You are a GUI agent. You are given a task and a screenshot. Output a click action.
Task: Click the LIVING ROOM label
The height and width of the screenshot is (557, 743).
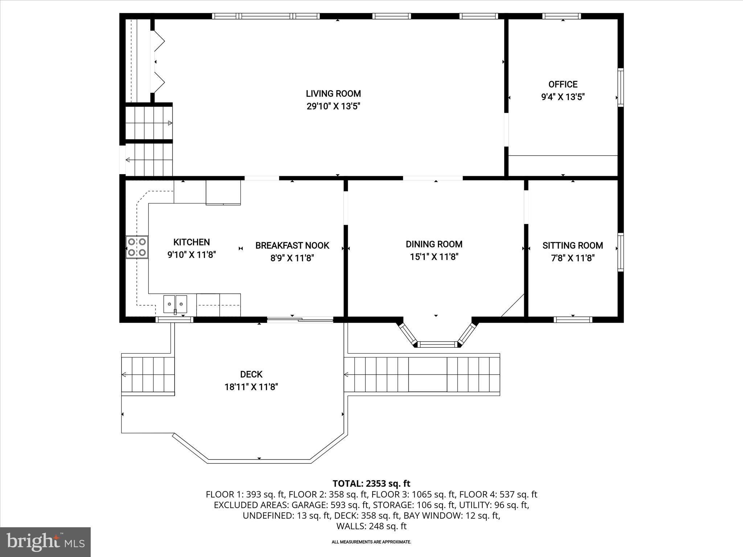[333, 94]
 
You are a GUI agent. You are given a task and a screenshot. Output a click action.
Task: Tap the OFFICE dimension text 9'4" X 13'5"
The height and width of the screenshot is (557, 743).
[563, 97]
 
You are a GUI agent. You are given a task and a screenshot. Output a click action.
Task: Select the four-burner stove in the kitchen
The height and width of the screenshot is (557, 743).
[137, 247]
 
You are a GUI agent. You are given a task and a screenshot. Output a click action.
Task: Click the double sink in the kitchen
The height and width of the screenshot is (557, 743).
[175, 304]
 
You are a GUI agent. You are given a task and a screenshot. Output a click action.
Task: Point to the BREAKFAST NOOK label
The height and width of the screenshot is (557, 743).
[292, 246]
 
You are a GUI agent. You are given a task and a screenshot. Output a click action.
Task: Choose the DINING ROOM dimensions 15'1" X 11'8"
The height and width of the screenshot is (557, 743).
[434, 257]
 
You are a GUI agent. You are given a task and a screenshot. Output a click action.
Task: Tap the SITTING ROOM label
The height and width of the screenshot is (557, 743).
[572, 246]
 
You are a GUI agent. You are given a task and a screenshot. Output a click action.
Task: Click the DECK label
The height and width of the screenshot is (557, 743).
[251, 374]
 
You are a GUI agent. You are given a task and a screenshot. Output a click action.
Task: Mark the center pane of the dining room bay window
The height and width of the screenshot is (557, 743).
[437, 344]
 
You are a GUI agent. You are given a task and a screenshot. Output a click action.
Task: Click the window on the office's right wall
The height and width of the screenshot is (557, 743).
[620, 87]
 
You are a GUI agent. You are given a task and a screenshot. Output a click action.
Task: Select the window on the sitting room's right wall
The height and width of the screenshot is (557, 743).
[620, 252]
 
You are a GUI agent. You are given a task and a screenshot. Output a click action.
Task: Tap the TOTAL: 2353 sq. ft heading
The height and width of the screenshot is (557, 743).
[371, 483]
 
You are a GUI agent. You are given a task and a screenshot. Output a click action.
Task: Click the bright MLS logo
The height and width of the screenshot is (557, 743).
[45, 542]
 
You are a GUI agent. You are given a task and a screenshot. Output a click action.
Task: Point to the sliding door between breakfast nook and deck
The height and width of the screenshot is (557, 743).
[300, 319]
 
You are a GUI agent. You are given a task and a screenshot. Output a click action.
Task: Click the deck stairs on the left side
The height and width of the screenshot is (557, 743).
[148, 375]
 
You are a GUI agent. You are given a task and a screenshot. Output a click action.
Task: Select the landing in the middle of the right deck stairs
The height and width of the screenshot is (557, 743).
[428, 375]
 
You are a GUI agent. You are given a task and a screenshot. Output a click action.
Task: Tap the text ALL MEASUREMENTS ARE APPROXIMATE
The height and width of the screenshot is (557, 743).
[371, 542]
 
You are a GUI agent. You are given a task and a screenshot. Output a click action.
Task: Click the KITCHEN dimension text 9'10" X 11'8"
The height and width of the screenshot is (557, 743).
[192, 255]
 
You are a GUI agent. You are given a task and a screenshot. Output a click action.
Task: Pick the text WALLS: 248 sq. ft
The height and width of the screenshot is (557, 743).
[371, 526]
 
